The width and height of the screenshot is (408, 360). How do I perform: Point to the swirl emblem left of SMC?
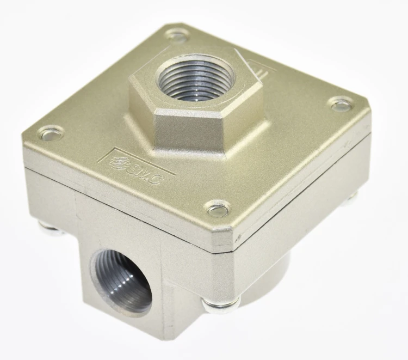coord(116,163)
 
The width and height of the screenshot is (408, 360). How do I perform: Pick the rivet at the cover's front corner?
coord(218,208)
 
